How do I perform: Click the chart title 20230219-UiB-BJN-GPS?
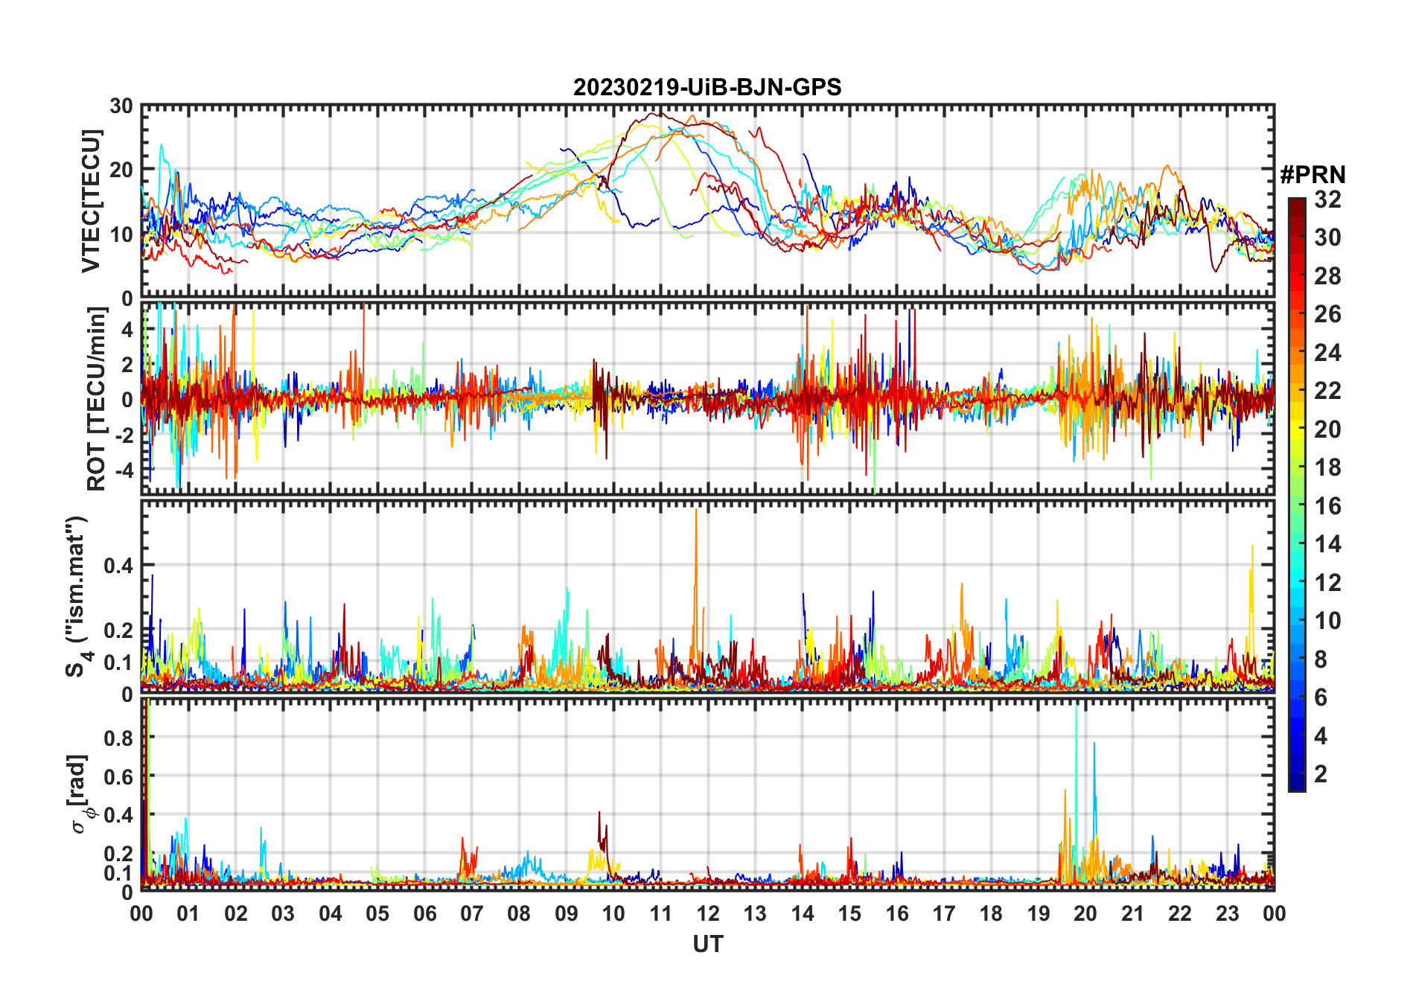click(x=707, y=88)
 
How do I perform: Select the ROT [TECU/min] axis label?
click(x=96, y=399)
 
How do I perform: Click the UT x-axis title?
click(x=707, y=945)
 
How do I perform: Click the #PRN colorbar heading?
click(x=1313, y=175)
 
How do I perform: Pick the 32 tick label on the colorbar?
click(x=1327, y=199)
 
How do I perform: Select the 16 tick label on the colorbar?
click(x=1327, y=506)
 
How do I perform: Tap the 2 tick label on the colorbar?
click(x=1321, y=774)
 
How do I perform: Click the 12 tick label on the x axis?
click(x=708, y=913)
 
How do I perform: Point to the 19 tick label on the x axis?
click(x=1039, y=913)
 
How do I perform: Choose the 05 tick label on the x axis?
click(x=377, y=913)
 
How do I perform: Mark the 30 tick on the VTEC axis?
click(x=122, y=106)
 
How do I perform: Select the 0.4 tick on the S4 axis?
click(x=119, y=566)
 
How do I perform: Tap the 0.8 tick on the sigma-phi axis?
click(x=119, y=738)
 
